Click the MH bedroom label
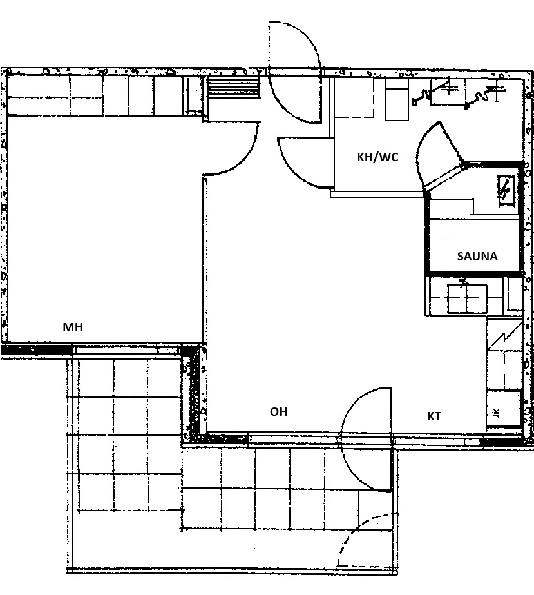click(x=72, y=327)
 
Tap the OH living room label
click(x=278, y=412)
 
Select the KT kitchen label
click(x=434, y=416)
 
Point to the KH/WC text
click(x=377, y=157)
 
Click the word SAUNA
click(x=477, y=257)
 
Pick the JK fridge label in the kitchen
click(x=497, y=412)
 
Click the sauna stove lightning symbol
click(x=505, y=191)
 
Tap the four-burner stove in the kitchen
click(x=467, y=298)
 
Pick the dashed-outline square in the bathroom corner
click(x=354, y=98)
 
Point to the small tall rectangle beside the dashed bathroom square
click(x=397, y=99)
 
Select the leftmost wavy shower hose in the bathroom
click(x=422, y=97)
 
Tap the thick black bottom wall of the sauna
click(x=474, y=273)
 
